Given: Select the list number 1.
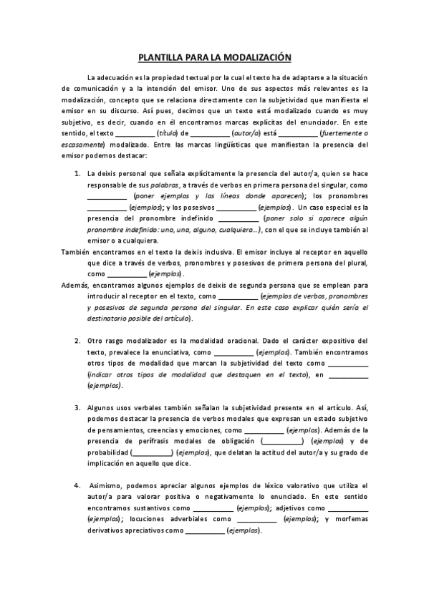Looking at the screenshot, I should pos(77,173).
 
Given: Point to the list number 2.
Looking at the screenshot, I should pos(77,340).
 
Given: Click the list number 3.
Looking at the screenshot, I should pos(77,407).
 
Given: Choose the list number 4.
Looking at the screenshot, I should pos(77,485).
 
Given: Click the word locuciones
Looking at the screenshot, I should pos(188,520).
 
